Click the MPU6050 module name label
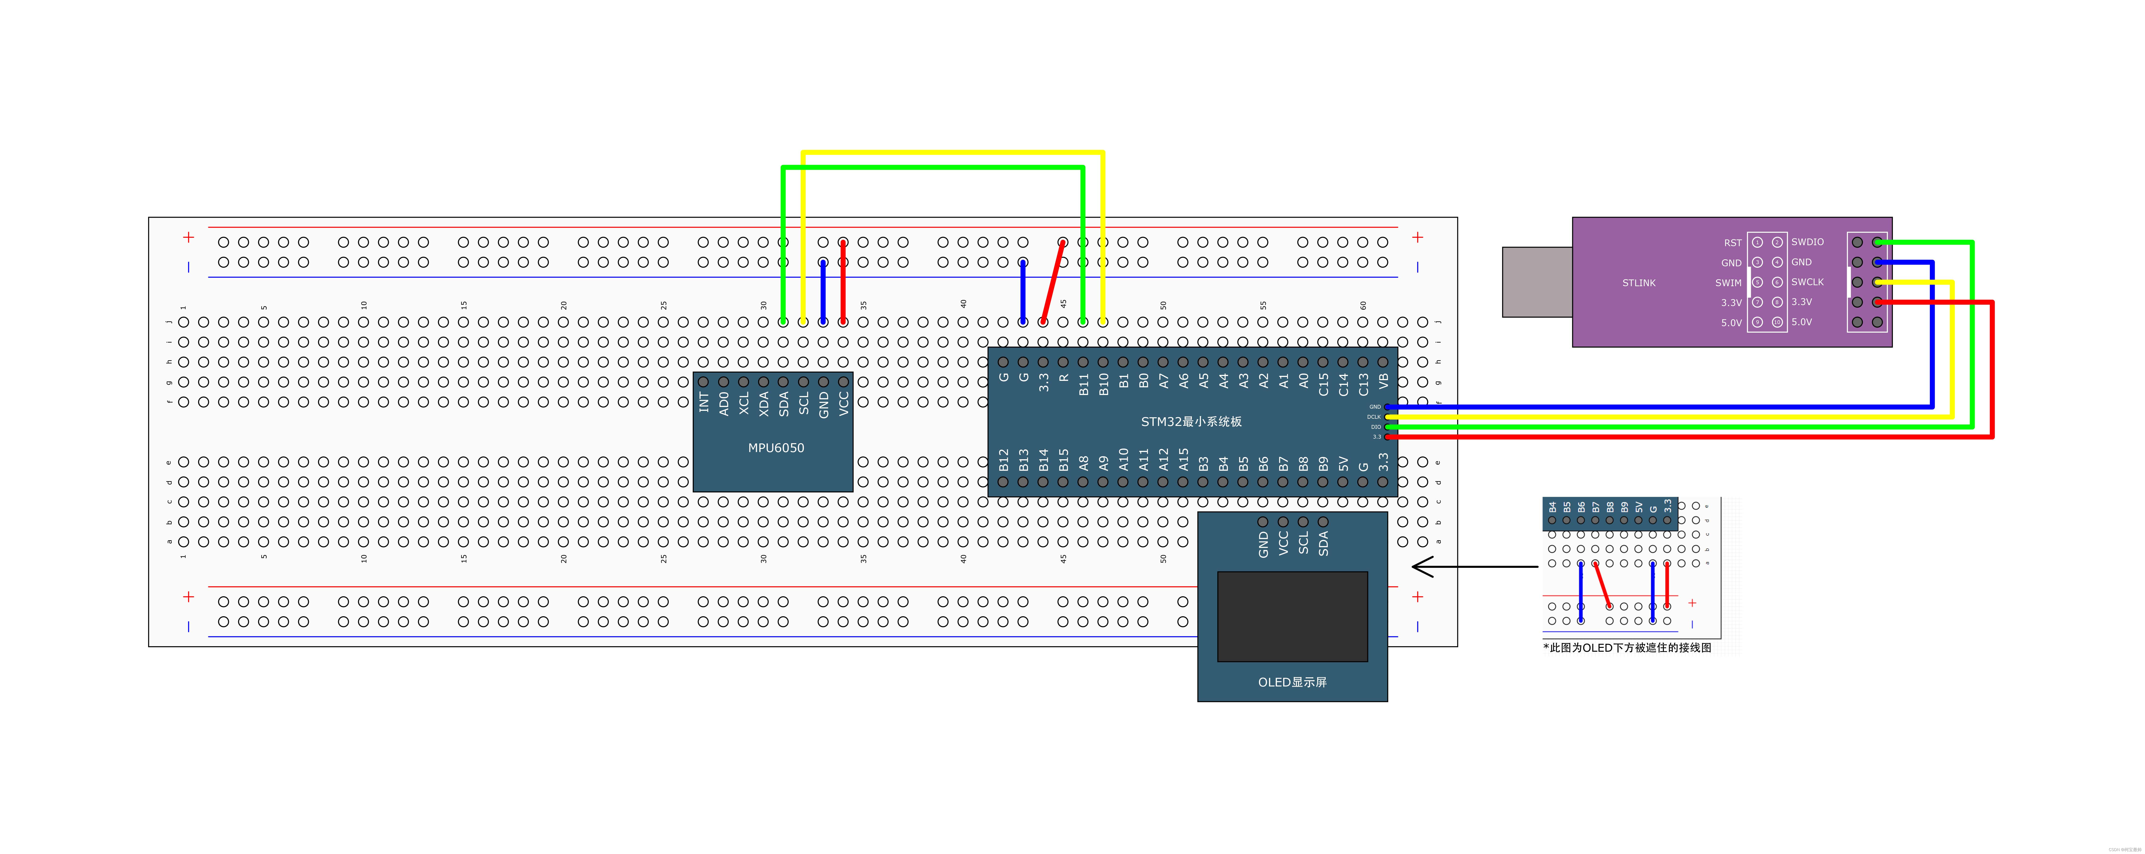click(x=775, y=448)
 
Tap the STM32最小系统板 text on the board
click(x=1191, y=421)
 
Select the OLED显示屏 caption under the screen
click(x=1292, y=682)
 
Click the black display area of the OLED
click(x=1292, y=616)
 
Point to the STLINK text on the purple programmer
click(x=1638, y=283)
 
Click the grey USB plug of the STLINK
click(x=1536, y=281)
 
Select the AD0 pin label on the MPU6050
click(x=724, y=404)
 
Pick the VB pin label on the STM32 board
click(x=1383, y=381)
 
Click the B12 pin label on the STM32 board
click(x=1003, y=460)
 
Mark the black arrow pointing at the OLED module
click(x=1474, y=567)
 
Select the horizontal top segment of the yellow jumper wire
click(x=952, y=152)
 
